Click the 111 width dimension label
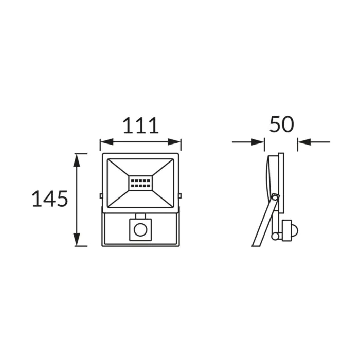point(141,125)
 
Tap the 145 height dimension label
point(49,199)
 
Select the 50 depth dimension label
point(281,124)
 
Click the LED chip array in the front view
point(140,183)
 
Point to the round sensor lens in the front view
point(140,230)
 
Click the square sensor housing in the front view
point(140,230)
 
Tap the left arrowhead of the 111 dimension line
point(107,142)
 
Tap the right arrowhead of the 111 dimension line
point(174,142)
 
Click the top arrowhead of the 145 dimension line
point(77,160)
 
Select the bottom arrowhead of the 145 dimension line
point(77,240)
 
